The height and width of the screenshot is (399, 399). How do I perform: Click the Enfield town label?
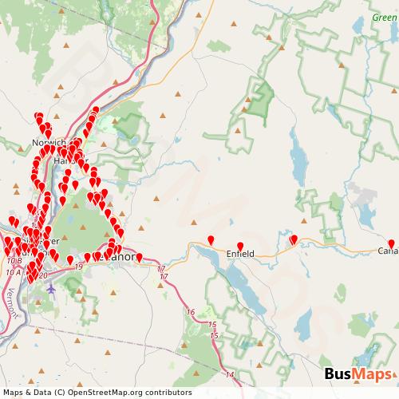(x=240, y=254)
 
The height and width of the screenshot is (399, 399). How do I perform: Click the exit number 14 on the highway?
(x=230, y=373)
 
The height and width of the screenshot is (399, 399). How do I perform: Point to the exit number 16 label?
(x=189, y=312)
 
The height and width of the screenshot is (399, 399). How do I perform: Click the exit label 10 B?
(x=13, y=261)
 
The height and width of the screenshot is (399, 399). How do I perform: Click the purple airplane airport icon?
(x=51, y=289)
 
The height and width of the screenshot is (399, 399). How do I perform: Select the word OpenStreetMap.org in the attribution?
(x=118, y=392)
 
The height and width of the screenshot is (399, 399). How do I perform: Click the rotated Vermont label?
(x=11, y=304)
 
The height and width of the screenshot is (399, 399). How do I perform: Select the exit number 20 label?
(x=43, y=275)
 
